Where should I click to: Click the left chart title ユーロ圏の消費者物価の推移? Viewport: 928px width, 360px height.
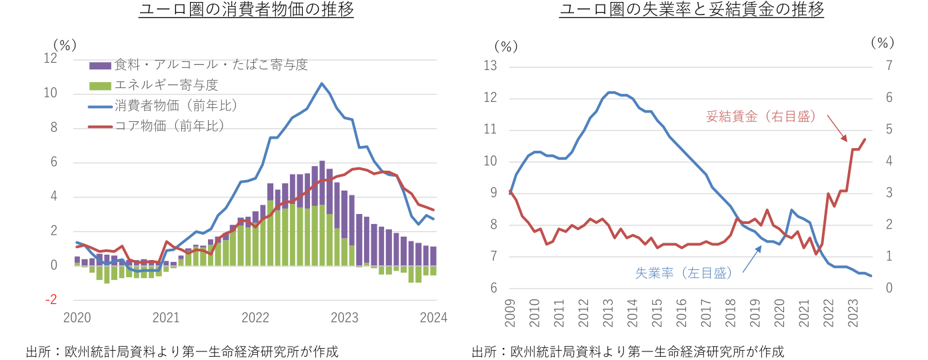tap(246, 11)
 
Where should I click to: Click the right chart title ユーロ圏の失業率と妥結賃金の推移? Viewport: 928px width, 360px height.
tap(691, 11)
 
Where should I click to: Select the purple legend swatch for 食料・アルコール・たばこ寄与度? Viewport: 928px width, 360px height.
tap(100, 65)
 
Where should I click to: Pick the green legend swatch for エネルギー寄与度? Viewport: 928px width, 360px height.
tap(100, 85)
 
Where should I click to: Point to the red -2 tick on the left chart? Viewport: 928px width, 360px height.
tap(50, 300)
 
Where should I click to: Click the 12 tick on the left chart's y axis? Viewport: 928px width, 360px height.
tap(50, 59)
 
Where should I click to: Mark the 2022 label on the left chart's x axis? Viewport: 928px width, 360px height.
tap(257, 318)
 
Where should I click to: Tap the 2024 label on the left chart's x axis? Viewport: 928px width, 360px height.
tap(433, 318)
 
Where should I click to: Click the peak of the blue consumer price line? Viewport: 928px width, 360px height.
tap(322, 83)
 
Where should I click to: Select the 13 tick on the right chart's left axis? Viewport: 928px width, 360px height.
tap(491, 65)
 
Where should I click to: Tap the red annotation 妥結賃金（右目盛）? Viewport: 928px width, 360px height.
tap(761, 117)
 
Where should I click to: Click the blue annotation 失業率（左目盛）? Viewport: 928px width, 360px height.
tap(684, 273)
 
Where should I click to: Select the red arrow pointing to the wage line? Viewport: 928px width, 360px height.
tap(837, 128)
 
